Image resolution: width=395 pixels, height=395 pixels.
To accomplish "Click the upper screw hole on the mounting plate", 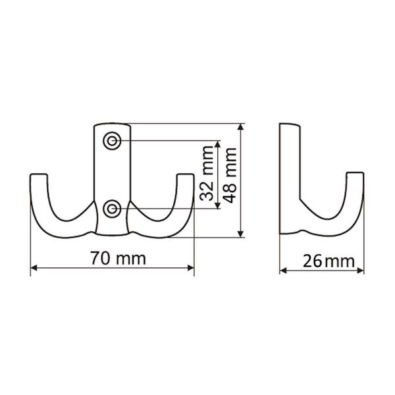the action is click(x=112, y=141).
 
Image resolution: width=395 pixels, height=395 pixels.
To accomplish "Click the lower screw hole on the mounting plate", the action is click(x=112, y=209).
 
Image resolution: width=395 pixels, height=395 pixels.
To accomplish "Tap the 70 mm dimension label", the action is click(x=118, y=258).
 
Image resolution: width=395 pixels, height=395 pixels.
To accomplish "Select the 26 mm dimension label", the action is click(x=329, y=261).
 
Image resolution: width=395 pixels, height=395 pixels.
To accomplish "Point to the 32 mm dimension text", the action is click(x=206, y=173).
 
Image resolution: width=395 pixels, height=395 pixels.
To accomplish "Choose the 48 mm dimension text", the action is click(x=230, y=175).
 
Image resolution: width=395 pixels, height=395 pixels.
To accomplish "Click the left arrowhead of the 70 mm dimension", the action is click(x=34, y=268).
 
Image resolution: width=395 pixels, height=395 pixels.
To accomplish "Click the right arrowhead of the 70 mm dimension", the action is click(x=191, y=268).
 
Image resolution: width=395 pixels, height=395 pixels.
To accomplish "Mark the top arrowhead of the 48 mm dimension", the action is click(x=241, y=126).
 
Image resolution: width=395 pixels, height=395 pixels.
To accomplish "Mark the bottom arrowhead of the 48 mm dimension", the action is click(x=241, y=234).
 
